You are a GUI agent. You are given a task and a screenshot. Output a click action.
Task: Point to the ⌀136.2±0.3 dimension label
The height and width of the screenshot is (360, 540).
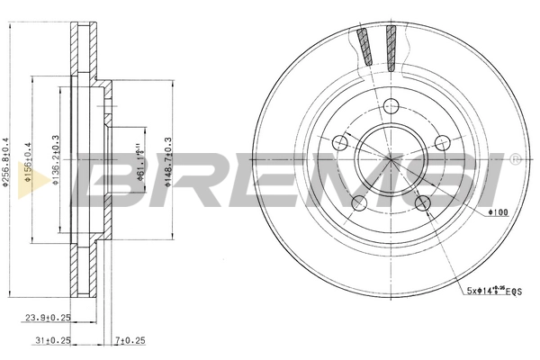[x=56, y=163]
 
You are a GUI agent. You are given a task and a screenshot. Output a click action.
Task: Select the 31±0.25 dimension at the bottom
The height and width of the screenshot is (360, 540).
[x=51, y=339]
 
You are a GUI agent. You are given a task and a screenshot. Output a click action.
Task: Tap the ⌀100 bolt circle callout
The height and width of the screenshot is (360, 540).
[x=498, y=211]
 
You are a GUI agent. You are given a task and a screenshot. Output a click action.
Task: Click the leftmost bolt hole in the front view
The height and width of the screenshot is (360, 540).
[x=339, y=142]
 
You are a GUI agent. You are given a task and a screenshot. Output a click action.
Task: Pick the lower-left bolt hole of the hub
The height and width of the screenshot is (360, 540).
[x=359, y=202]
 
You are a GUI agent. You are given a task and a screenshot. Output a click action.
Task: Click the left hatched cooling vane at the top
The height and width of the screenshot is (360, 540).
[x=364, y=47]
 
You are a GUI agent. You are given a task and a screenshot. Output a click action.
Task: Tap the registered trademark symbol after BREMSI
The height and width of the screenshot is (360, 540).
[x=514, y=159]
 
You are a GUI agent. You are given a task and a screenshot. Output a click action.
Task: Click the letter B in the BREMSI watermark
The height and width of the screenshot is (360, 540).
[x=107, y=180]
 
